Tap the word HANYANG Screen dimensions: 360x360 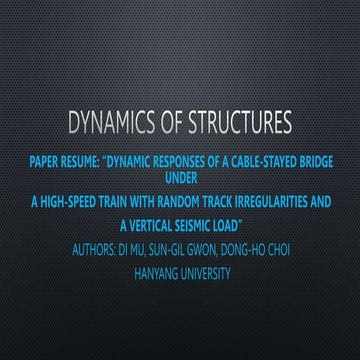click(x=154, y=270)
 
